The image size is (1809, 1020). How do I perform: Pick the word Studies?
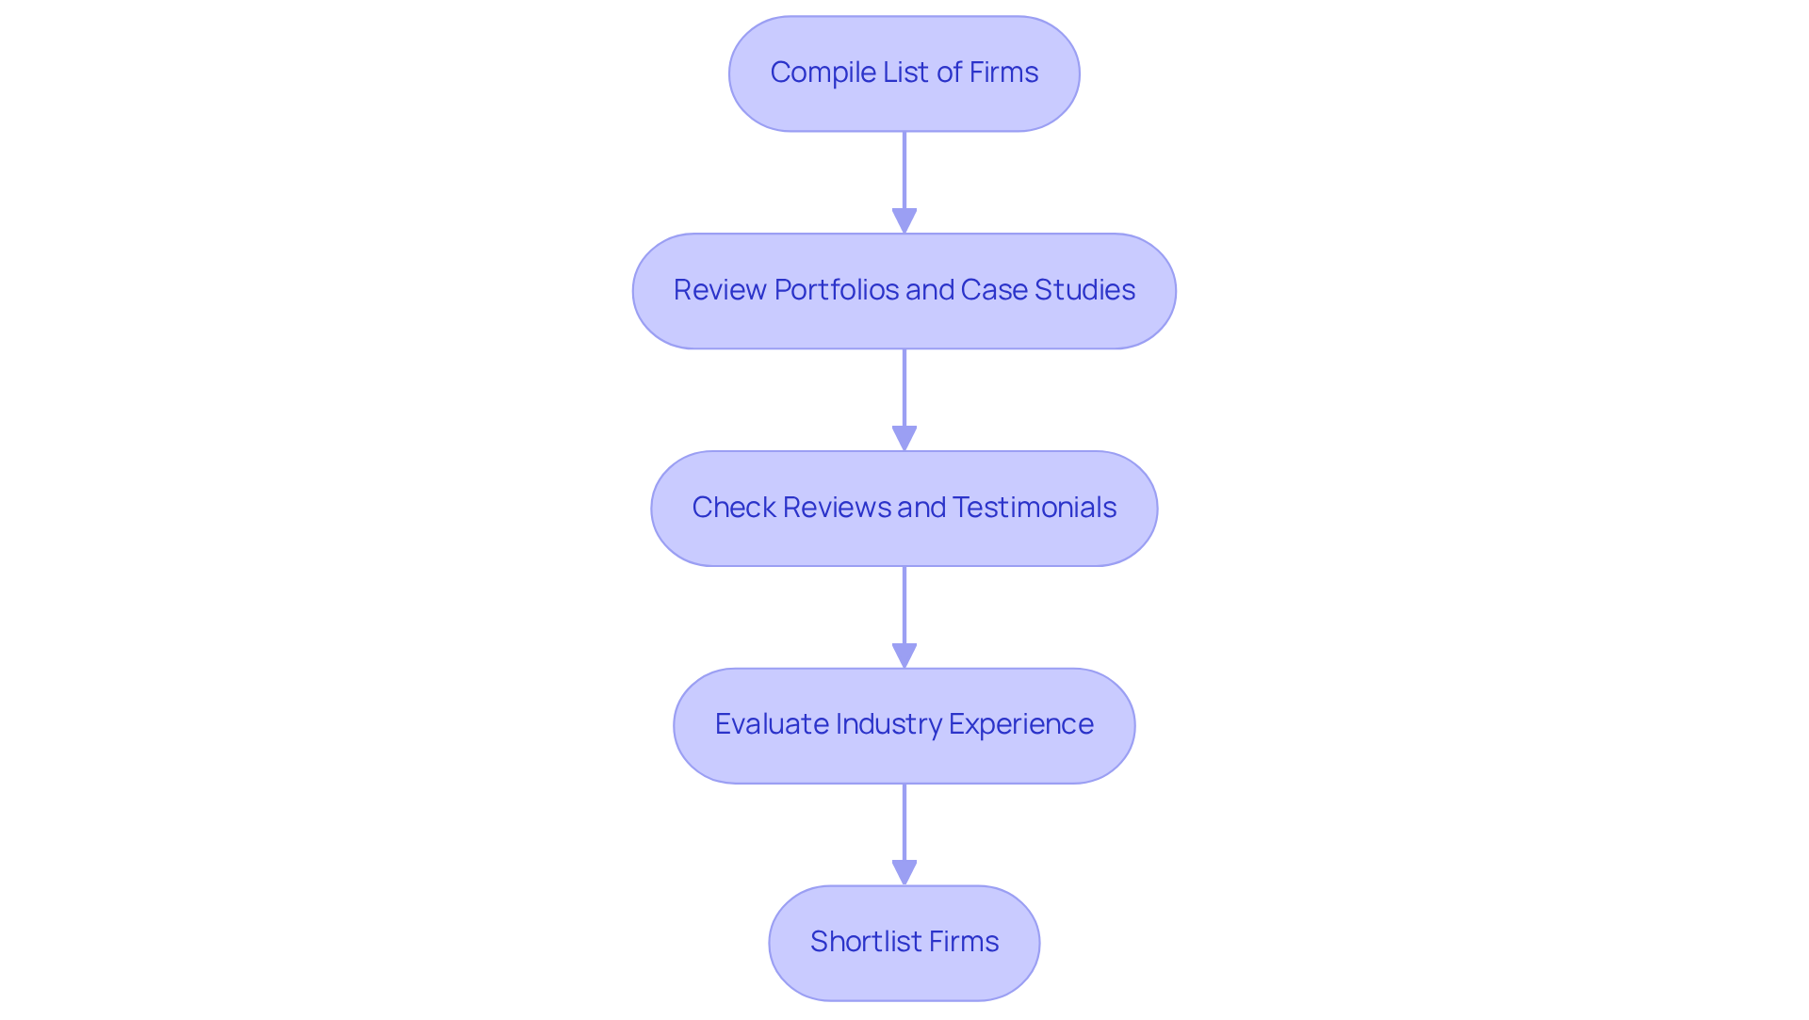tap(1084, 290)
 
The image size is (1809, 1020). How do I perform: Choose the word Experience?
tap(1020, 724)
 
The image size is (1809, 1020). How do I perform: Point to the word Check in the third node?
tap(733, 508)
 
